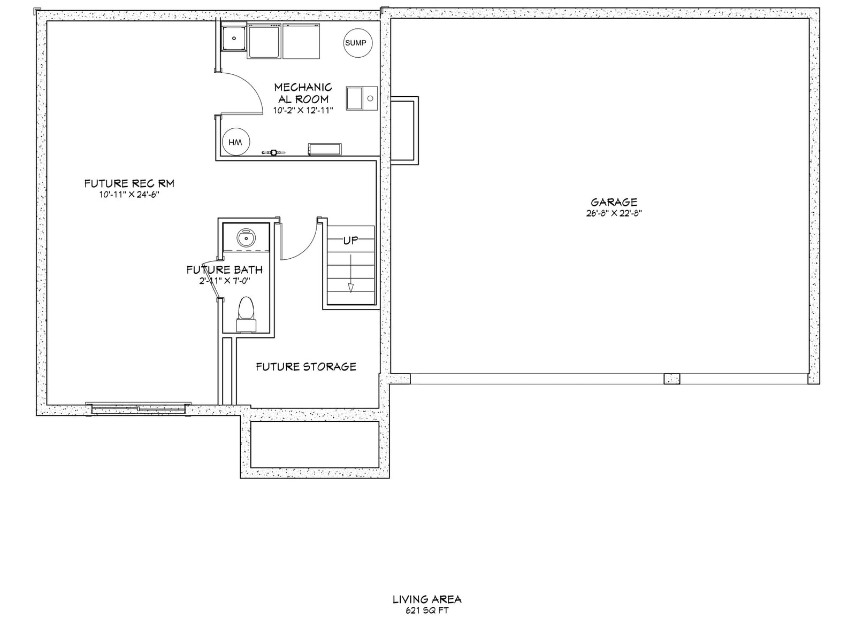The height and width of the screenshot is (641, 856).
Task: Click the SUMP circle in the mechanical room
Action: click(x=357, y=43)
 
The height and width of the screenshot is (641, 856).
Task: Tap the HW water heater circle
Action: click(x=236, y=142)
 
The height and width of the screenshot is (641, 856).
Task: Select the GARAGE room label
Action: click(x=614, y=202)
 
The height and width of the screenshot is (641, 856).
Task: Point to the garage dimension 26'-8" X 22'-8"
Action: click(x=614, y=213)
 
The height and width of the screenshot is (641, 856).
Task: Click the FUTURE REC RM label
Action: click(x=129, y=183)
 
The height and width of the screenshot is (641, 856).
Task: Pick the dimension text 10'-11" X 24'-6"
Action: click(x=129, y=195)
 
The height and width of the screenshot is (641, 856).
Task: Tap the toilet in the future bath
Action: click(x=246, y=314)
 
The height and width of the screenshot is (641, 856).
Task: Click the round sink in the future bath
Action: click(x=247, y=237)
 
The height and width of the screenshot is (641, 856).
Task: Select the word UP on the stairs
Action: click(x=350, y=241)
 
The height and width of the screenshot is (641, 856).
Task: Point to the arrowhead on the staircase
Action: click(x=350, y=288)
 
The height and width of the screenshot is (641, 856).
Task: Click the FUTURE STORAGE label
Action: click(x=306, y=367)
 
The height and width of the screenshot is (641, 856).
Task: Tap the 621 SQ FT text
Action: click(x=427, y=611)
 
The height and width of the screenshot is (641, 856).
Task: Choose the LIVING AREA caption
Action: click(x=427, y=599)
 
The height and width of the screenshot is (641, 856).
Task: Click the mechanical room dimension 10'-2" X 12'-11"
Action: click(x=303, y=110)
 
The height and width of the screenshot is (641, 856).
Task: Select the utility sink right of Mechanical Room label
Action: click(x=362, y=98)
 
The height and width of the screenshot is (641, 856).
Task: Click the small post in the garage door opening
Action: click(x=671, y=379)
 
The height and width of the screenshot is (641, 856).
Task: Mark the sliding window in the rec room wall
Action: click(x=138, y=408)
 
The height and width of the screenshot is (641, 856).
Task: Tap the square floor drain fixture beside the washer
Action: click(x=234, y=38)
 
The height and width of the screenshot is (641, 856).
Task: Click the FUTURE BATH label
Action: click(x=225, y=269)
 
